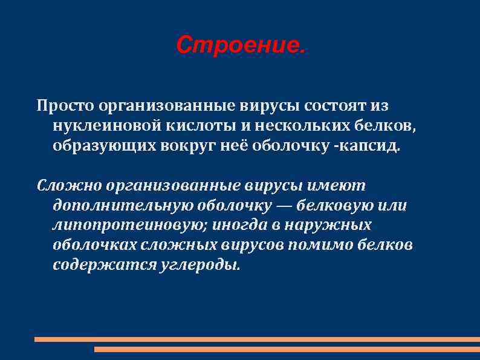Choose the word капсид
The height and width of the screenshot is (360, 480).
click(374, 146)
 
